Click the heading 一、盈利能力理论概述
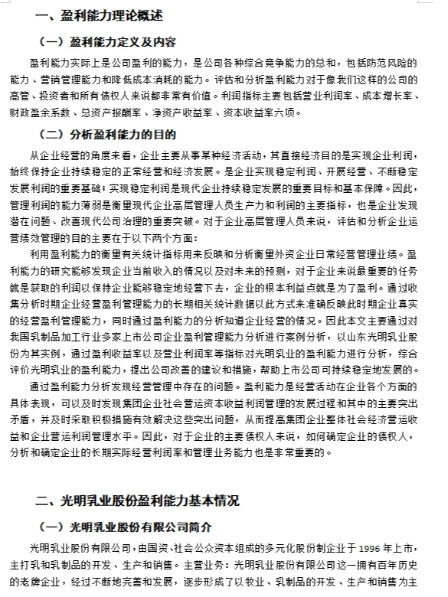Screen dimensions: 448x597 [100, 15]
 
